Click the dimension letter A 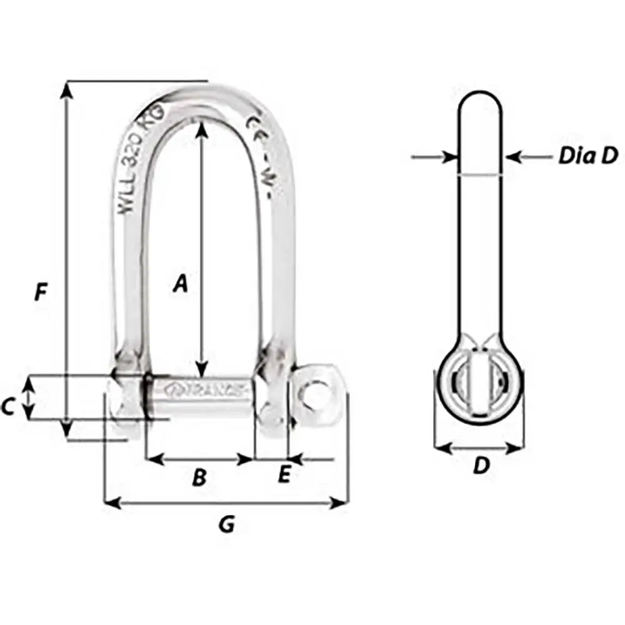(180, 284)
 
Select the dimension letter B (199, 477)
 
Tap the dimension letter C (7, 407)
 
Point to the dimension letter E (284, 476)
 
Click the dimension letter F (41, 291)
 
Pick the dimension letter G (226, 524)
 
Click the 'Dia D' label (587, 156)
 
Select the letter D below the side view (479, 466)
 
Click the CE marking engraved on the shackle (255, 124)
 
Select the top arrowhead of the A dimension (201, 128)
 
